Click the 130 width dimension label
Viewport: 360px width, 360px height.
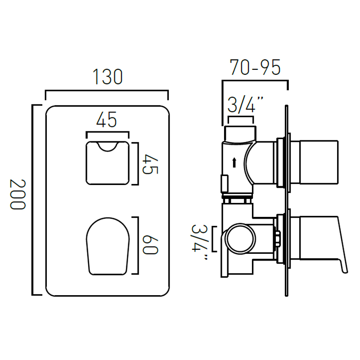tap(108, 76)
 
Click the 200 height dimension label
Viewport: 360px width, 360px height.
tap(18, 194)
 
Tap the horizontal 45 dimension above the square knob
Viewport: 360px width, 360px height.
tap(107, 120)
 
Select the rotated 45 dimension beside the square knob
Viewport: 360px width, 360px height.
tap(150, 164)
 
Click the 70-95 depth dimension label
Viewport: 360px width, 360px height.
tap(255, 67)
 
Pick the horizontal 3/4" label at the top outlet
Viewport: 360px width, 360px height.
tap(245, 105)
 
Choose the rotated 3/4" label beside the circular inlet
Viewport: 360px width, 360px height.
tap(199, 242)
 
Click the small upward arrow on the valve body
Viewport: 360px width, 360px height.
tap(234, 162)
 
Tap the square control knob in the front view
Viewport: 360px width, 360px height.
tap(108, 163)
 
